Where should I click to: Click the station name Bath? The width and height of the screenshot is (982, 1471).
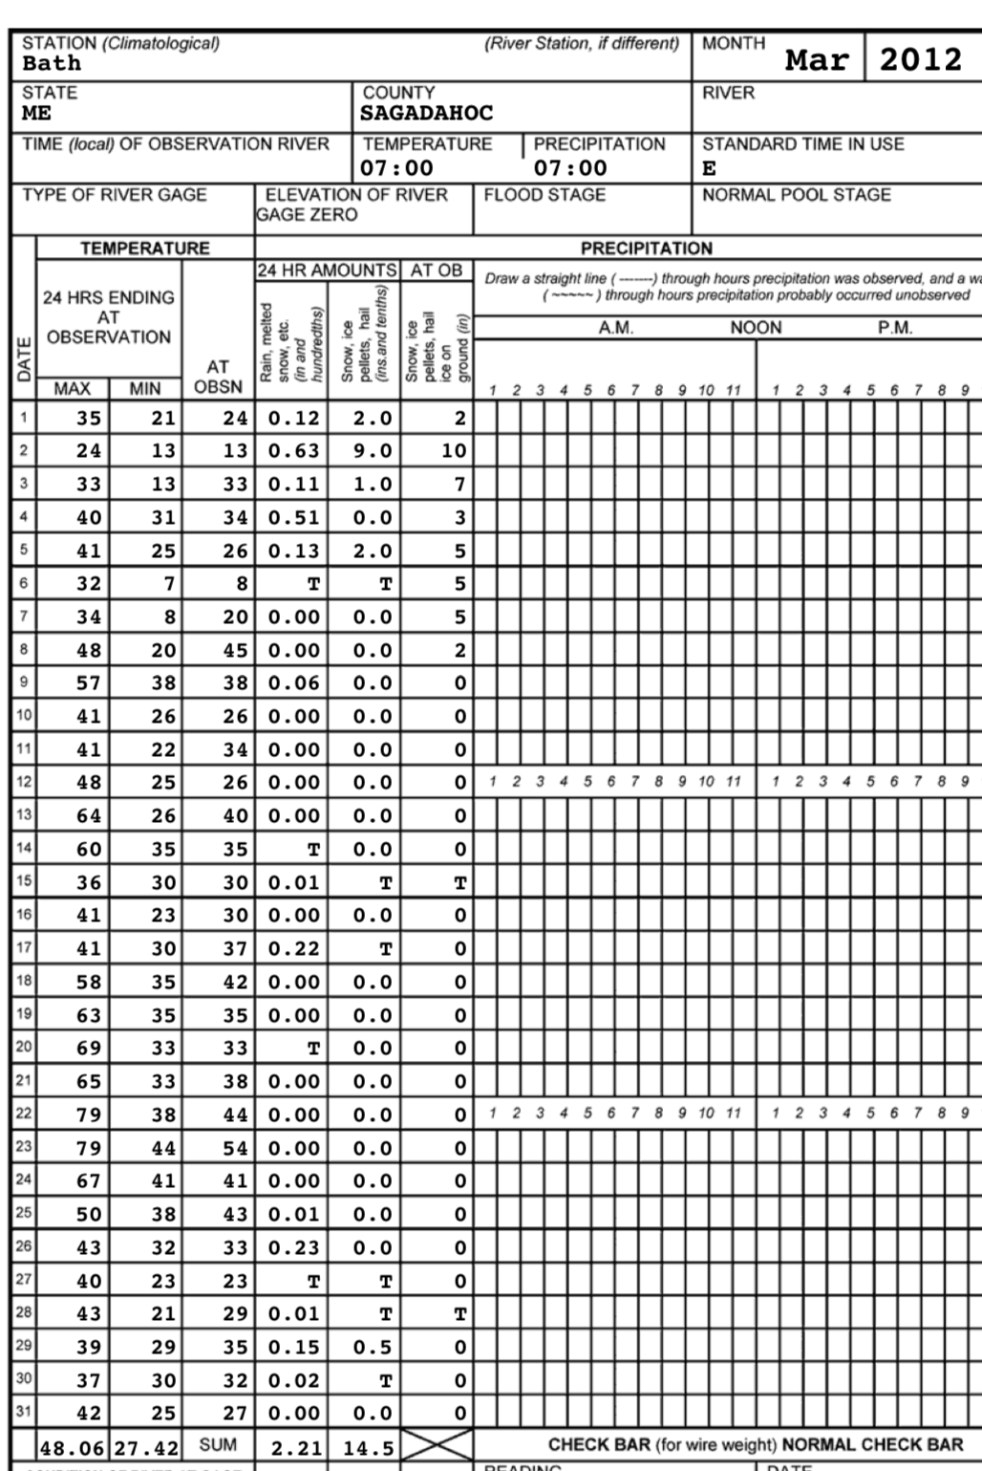point(52,64)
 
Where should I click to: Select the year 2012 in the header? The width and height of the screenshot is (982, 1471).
point(920,59)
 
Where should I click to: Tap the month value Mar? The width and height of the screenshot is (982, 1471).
point(817,60)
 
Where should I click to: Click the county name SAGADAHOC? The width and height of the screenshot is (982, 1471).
point(426,114)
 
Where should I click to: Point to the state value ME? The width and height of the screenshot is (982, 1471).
point(36,114)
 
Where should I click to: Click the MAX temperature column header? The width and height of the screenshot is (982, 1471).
point(72,388)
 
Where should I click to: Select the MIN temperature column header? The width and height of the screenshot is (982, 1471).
point(145,388)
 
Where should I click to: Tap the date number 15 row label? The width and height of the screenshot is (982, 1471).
point(24,882)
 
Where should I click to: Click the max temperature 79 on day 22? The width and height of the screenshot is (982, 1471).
point(89,1114)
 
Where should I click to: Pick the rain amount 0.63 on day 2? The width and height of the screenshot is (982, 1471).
point(293,450)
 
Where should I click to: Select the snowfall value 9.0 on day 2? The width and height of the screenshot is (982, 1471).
point(373,450)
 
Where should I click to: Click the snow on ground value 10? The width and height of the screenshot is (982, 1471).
point(454,450)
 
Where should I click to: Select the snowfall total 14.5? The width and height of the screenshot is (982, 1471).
point(369,1447)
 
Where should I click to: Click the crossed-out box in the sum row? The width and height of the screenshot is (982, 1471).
point(437,1444)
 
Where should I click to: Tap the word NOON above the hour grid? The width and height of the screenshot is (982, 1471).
point(756,328)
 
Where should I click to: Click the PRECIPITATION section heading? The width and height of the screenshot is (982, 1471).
point(647,249)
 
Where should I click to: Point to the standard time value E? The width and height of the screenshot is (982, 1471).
point(709,169)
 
